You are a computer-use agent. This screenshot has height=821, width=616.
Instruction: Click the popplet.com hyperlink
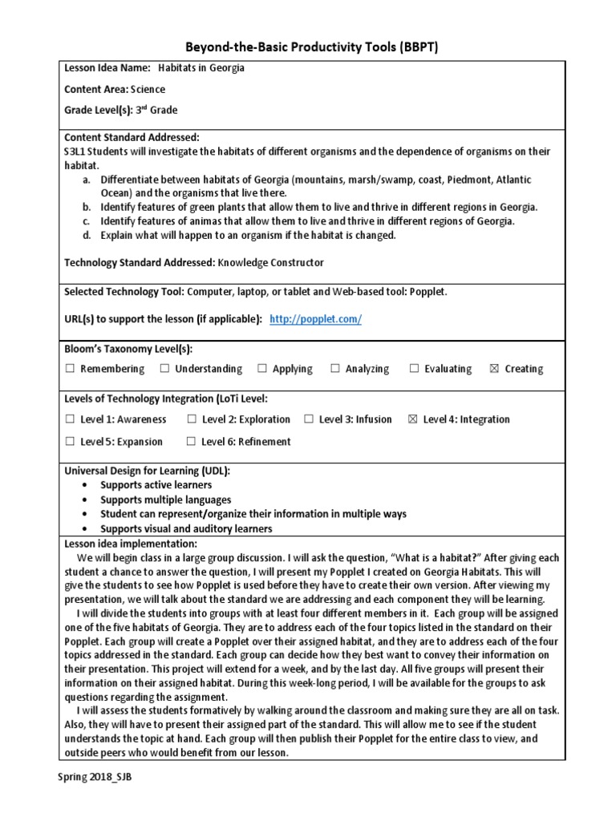[316, 319]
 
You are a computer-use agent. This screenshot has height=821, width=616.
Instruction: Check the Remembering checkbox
[70, 369]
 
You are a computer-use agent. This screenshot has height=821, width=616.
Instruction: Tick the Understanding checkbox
[164, 369]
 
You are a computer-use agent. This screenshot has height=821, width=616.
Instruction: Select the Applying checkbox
[262, 369]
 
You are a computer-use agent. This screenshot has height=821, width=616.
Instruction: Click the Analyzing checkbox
[335, 369]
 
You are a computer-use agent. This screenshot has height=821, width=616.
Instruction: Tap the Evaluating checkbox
[415, 369]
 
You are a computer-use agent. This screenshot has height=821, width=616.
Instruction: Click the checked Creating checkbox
[494, 369]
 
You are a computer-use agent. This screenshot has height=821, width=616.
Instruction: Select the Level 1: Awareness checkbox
[70, 419]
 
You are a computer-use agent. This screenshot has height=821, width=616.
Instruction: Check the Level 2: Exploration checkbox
[192, 419]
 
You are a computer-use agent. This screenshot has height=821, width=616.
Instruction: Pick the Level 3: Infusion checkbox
[309, 419]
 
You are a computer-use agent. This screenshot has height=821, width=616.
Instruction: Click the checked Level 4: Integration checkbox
[413, 419]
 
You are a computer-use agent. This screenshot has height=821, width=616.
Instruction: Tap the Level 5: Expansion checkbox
[70, 442]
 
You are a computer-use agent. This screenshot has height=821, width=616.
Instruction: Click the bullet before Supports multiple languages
[85, 500]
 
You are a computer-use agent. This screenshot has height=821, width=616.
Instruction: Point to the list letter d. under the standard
[86, 236]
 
